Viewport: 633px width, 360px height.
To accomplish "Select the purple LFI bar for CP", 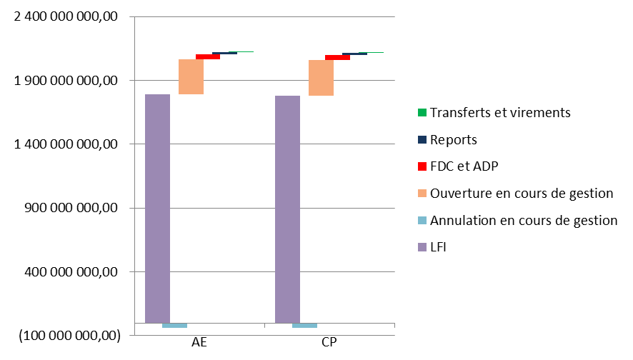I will point(287,209).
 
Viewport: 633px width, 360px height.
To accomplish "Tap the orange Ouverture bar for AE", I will point(191,76).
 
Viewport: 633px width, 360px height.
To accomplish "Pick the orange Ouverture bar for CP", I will point(321,77).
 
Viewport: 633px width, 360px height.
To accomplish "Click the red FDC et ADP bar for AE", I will point(207,56).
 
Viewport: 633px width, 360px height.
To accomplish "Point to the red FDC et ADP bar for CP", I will point(337,57).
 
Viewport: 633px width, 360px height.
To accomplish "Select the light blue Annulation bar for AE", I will point(174,326).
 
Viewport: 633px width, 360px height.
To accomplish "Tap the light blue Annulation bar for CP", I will point(304,326).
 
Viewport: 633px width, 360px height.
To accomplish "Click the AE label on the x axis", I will point(200,343).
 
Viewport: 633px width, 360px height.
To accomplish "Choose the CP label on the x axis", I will point(329,343).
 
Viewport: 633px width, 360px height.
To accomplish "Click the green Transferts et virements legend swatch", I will point(422,113).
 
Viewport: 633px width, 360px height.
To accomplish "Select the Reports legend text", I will point(454,140).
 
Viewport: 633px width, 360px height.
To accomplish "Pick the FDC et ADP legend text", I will point(464,166).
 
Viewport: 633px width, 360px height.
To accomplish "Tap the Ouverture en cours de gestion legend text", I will point(522,194).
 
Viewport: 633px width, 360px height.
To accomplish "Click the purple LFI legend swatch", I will point(422,248).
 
